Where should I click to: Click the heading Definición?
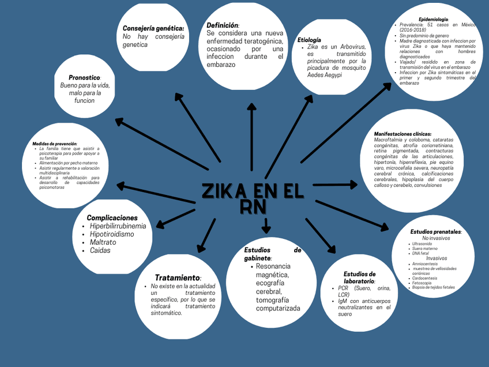[x=222, y=25]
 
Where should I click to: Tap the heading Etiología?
[x=309, y=40]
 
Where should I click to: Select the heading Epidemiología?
[x=433, y=20]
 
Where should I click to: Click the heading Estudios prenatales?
[x=435, y=231]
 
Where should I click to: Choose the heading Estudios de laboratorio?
[x=360, y=278]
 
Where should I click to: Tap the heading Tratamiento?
[x=178, y=278]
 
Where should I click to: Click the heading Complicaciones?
[x=112, y=218]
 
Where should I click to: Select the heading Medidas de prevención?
[x=55, y=143]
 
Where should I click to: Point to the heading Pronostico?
[x=84, y=77]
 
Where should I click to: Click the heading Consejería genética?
[x=153, y=28]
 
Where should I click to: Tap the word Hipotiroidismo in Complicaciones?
[x=112, y=234]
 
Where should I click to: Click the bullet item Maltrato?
[x=103, y=242]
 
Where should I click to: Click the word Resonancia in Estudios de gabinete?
[x=273, y=267]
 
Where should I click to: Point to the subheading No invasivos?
[x=436, y=238]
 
